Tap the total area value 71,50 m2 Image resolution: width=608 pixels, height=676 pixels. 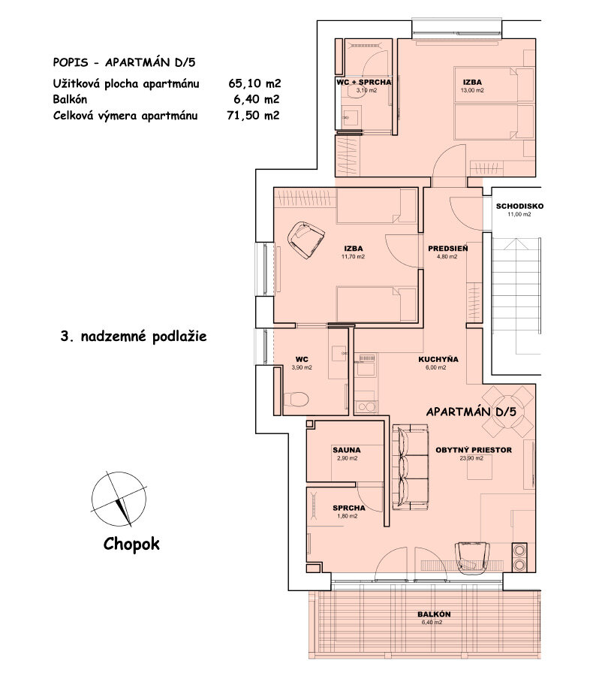pos(253,115)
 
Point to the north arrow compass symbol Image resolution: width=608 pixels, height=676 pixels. pos(117,499)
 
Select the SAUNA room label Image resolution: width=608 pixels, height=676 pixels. pos(346,451)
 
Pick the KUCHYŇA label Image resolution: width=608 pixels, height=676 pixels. pos(438,359)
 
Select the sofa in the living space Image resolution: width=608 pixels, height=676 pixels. pos(410,466)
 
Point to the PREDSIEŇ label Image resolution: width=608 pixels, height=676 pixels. pos(448,248)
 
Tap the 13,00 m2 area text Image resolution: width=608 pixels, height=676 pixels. pos(471,90)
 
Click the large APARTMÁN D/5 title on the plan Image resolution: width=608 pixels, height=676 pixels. pos(471,412)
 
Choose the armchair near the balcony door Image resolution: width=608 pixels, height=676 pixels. pos(472,555)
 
